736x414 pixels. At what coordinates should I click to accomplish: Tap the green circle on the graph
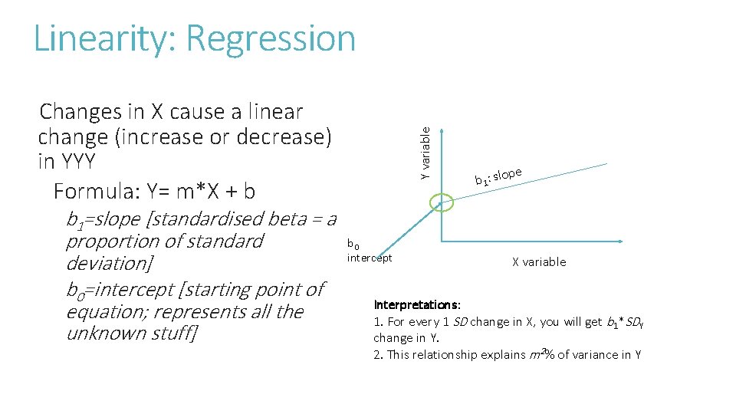pyautogui.click(x=442, y=203)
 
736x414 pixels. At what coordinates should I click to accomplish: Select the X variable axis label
pyautogui.click(x=539, y=262)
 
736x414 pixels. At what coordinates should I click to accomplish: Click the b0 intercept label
pyautogui.click(x=369, y=251)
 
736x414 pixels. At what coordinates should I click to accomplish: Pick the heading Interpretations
pyautogui.click(x=417, y=305)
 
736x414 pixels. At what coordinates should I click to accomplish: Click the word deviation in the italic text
pyautogui.click(x=107, y=264)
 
